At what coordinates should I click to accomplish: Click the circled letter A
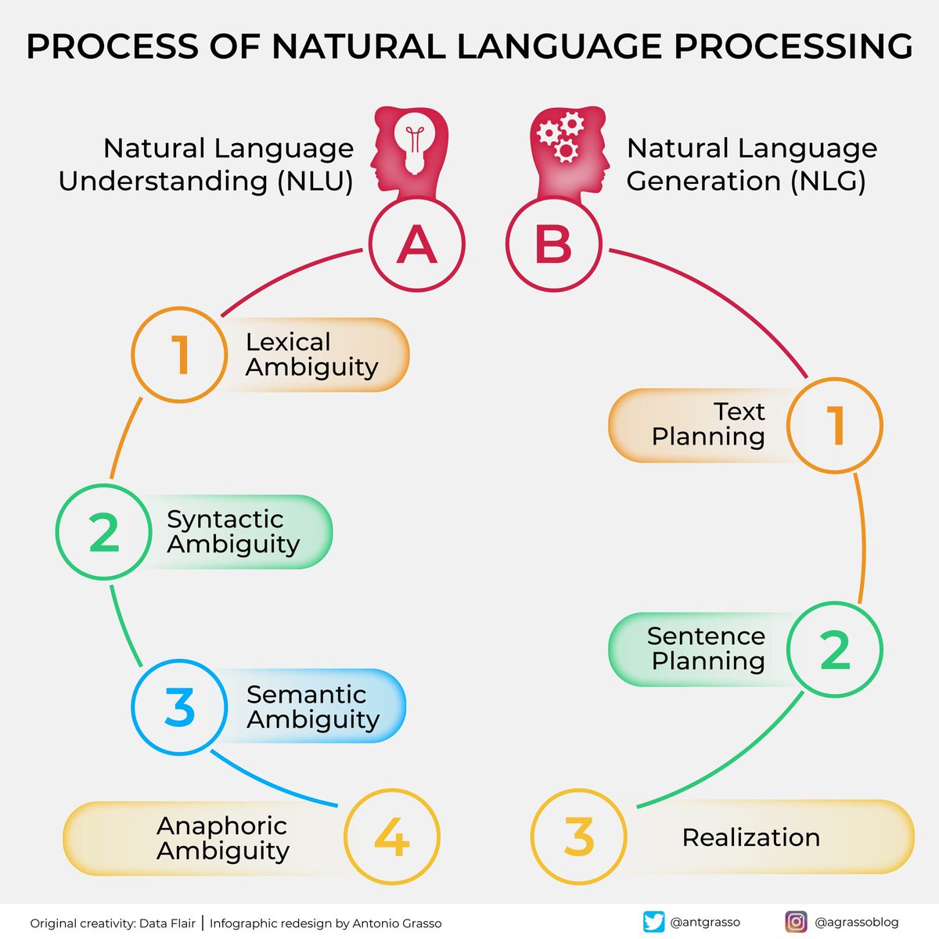(x=416, y=244)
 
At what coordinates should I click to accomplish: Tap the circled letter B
(x=553, y=244)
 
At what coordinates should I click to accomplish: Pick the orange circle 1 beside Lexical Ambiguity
(x=179, y=354)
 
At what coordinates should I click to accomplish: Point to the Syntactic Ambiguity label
(x=233, y=531)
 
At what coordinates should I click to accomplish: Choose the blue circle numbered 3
(x=179, y=707)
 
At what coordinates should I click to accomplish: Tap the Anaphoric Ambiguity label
(x=222, y=838)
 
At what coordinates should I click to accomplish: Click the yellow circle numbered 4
(x=392, y=837)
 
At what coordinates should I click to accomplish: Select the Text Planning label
(x=708, y=424)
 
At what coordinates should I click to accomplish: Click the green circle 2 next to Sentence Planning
(x=834, y=649)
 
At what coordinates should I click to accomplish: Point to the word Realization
(x=750, y=837)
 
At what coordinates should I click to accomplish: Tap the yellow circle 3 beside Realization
(x=578, y=836)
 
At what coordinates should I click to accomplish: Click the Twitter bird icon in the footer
(x=653, y=922)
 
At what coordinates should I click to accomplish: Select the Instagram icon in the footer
(x=796, y=922)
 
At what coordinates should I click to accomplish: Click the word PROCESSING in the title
(x=793, y=47)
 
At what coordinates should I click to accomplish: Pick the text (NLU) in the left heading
(x=315, y=182)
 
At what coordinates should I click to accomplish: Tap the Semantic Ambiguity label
(x=312, y=707)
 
